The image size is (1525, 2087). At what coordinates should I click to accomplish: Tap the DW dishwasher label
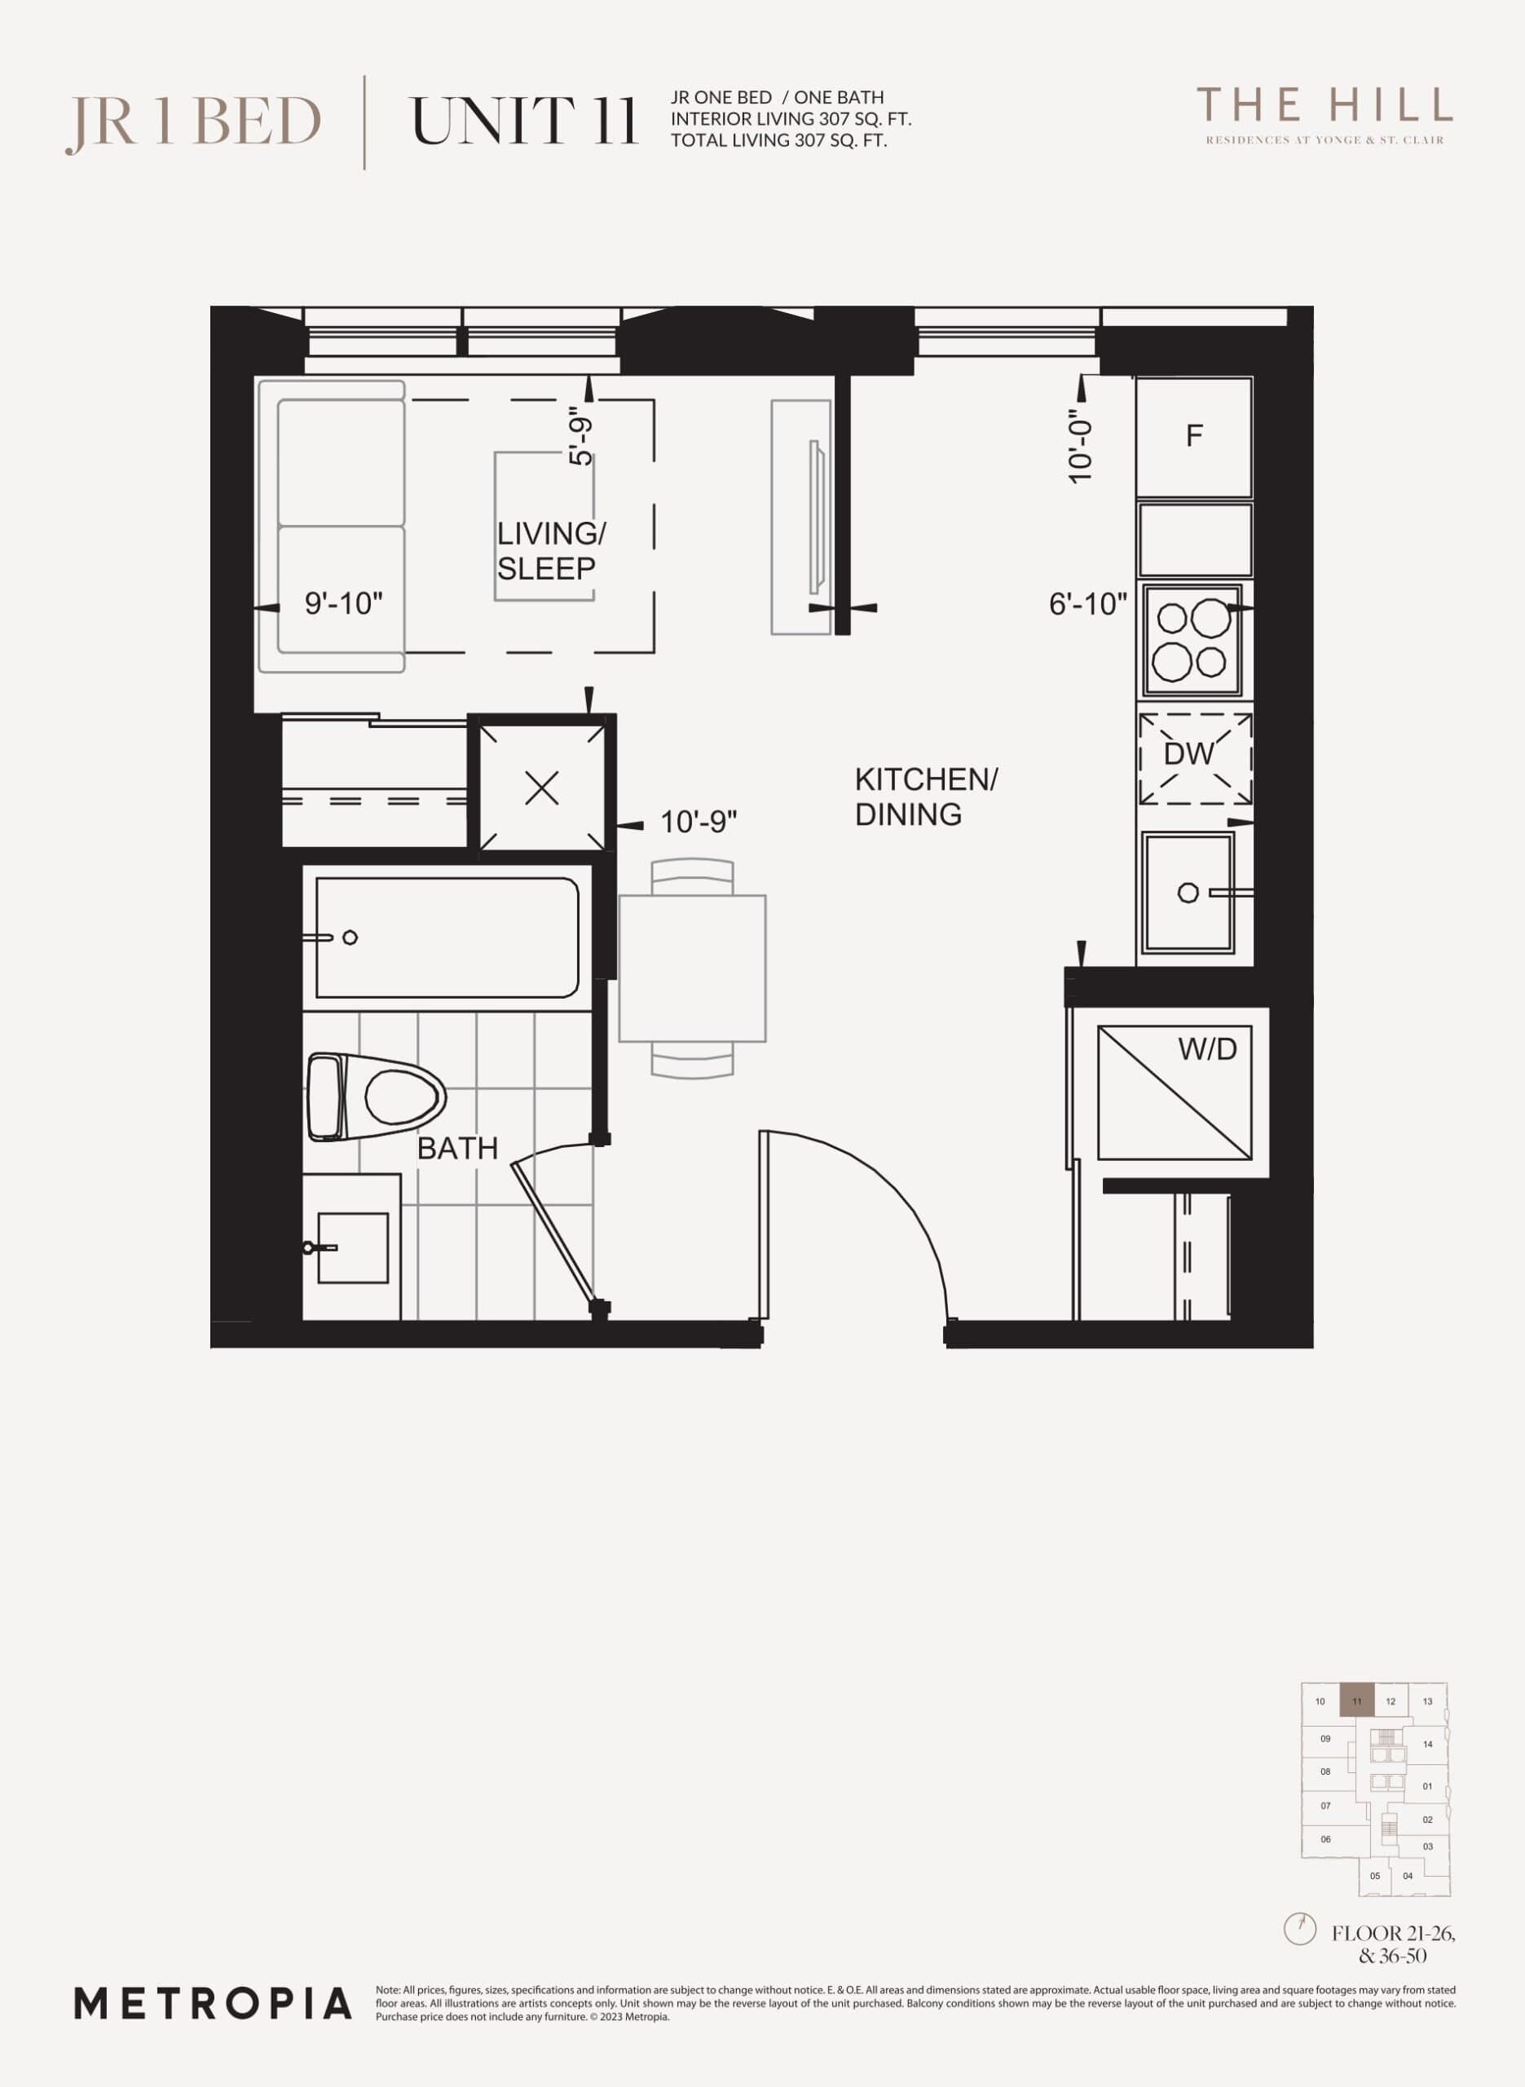[1188, 754]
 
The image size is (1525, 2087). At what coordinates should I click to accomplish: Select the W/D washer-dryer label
[1206, 1048]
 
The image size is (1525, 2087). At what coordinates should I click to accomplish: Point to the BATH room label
[457, 1149]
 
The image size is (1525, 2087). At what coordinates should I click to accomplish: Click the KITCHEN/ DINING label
[926, 796]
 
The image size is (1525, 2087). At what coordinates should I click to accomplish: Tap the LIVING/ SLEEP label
[551, 551]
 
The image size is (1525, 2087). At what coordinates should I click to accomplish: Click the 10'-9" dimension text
[698, 822]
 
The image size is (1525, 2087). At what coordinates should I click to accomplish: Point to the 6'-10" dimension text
[1087, 605]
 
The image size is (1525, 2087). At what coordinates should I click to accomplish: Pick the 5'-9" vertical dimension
[580, 437]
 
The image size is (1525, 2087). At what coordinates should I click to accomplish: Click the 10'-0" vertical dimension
[1079, 446]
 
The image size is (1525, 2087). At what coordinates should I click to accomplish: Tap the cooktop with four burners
[1192, 640]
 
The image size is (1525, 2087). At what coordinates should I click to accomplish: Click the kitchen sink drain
[1188, 893]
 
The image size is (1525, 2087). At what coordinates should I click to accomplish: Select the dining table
[692, 968]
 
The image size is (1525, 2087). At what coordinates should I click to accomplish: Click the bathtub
[447, 938]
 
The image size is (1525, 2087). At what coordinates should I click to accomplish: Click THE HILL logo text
[1324, 106]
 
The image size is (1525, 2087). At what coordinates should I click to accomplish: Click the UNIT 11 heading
[523, 121]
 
